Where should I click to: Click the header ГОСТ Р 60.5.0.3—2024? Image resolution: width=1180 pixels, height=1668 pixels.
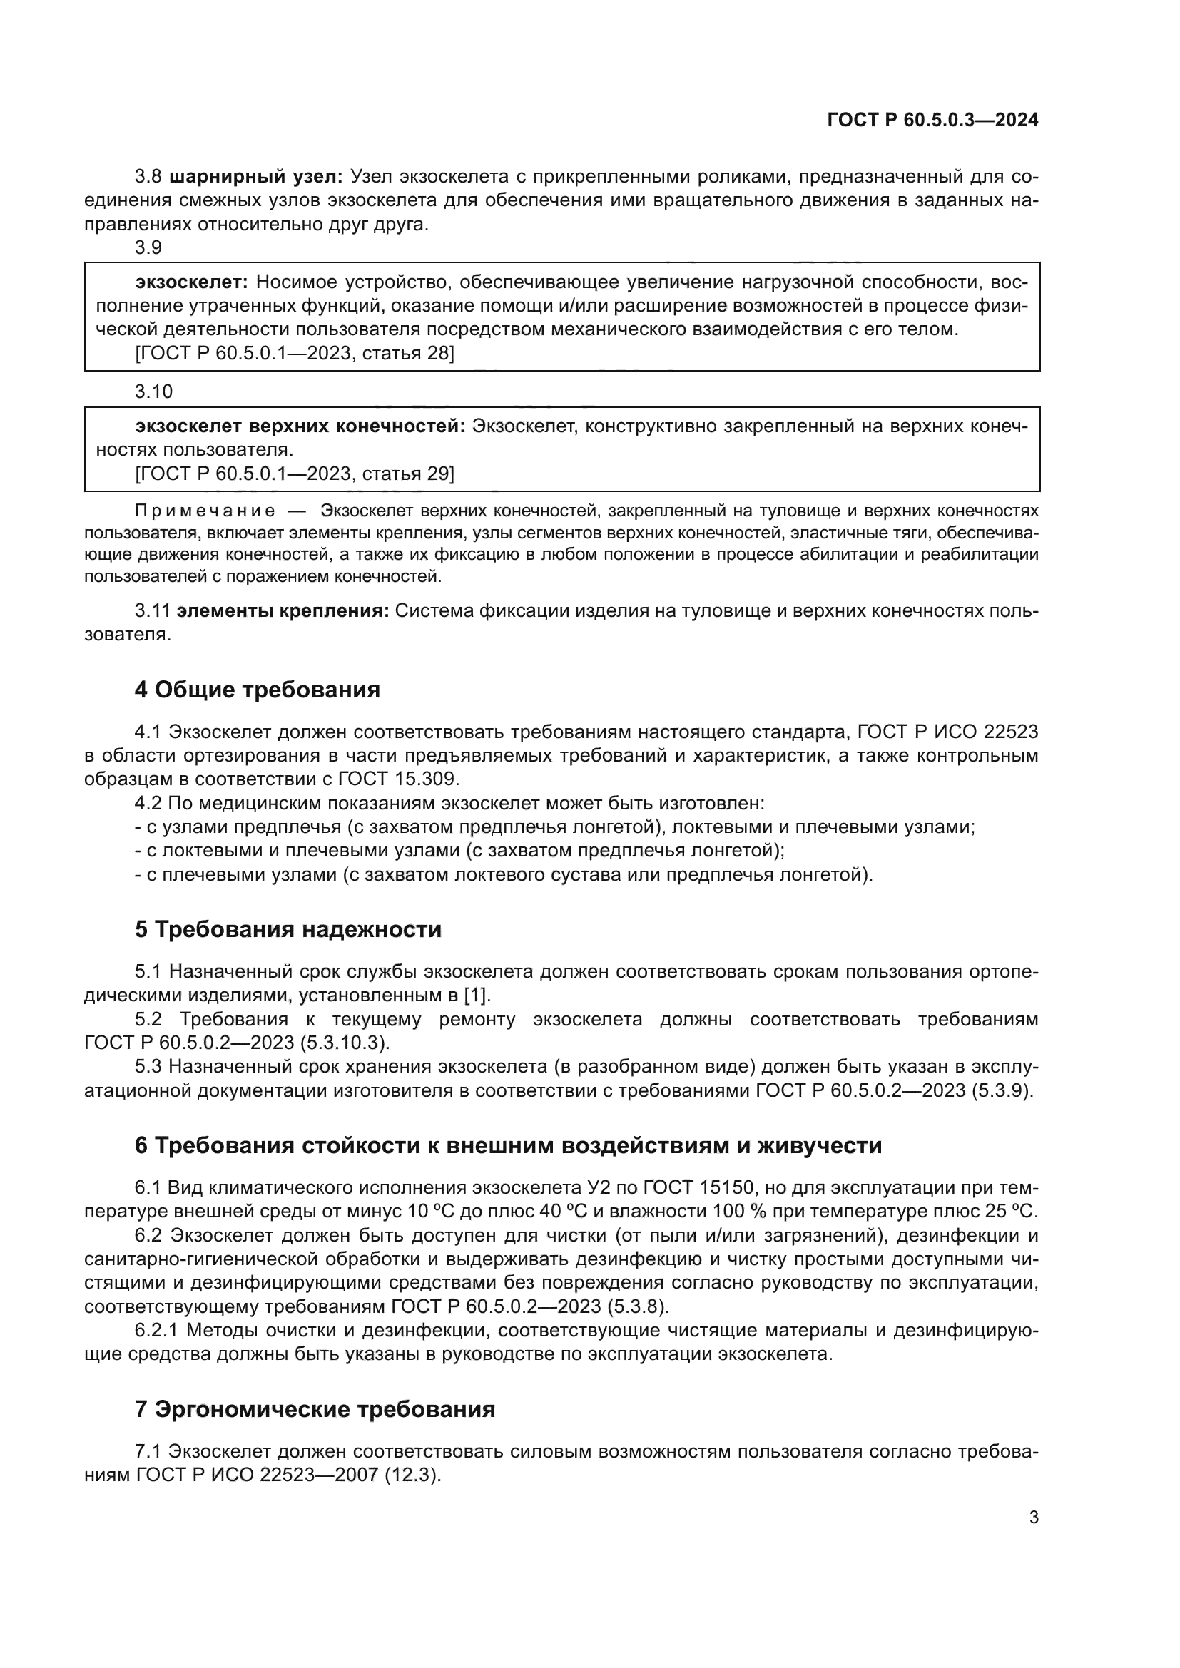click(x=932, y=121)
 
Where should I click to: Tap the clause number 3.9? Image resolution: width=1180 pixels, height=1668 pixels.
click(x=148, y=247)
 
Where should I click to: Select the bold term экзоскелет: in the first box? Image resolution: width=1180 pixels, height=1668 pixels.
click(x=192, y=282)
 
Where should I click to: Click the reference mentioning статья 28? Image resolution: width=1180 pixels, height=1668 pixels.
click(x=294, y=354)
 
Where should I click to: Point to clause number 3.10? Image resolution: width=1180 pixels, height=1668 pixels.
click(x=153, y=392)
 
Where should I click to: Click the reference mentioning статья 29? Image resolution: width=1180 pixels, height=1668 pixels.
click(x=294, y=474)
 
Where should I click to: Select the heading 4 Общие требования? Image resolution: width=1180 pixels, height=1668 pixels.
click(x=258, y=690)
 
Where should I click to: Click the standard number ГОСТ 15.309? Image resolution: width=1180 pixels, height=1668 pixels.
click(x=398, y=779)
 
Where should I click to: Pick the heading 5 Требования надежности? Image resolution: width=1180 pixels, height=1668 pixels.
click(x=288, y=929)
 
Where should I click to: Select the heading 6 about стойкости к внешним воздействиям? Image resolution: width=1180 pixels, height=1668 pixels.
click(x=508, y=1146)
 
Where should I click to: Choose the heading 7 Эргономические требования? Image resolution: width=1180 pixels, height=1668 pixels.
click(x=315, y=1410)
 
